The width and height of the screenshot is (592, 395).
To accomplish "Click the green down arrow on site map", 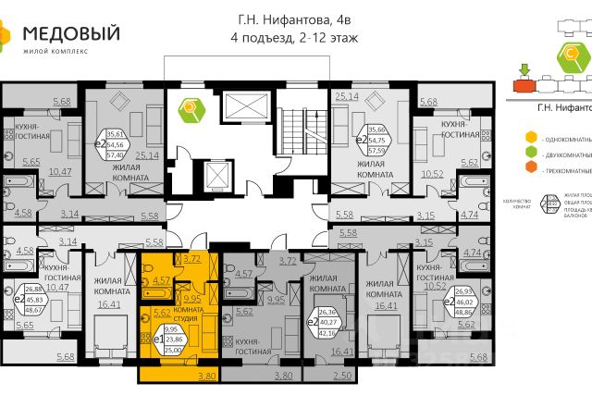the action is [524, 68].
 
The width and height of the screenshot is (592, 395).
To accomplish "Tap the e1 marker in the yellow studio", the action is [146, 339].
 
